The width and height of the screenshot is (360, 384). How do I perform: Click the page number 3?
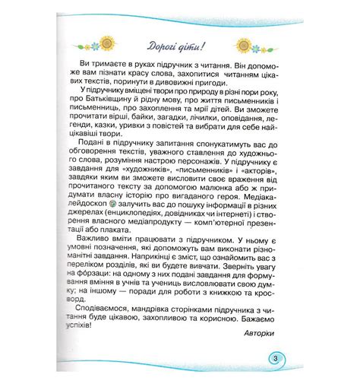coord(276,359)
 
